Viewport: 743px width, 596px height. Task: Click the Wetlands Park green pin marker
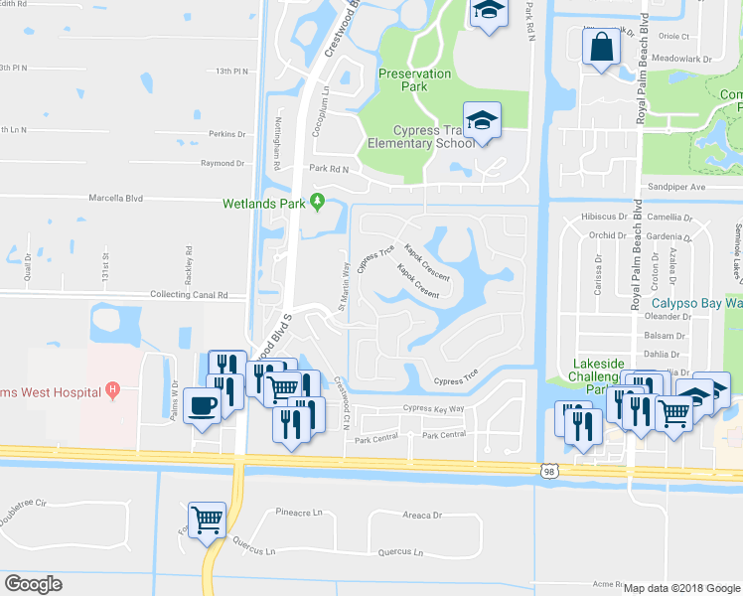[318, 203]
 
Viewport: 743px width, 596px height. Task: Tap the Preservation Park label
[414, 79]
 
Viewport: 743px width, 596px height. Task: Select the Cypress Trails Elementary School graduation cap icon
[482, 121]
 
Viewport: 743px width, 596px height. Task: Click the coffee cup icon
[202, 407]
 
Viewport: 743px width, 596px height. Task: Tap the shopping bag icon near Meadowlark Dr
[602, 47]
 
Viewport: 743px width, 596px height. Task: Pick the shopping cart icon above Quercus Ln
[207, 519]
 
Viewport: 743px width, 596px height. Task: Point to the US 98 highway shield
[549, 473]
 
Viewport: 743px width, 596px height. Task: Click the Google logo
[33, 584]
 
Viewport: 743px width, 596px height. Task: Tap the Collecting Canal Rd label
[188, 295]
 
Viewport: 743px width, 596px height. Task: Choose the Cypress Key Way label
[433, 408]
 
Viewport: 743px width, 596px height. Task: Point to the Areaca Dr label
[422, 516]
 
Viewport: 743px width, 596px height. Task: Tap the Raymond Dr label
[223, 163]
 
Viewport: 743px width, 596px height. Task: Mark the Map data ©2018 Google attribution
[681, 588]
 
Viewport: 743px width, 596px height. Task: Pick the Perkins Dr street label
[227, 134]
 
